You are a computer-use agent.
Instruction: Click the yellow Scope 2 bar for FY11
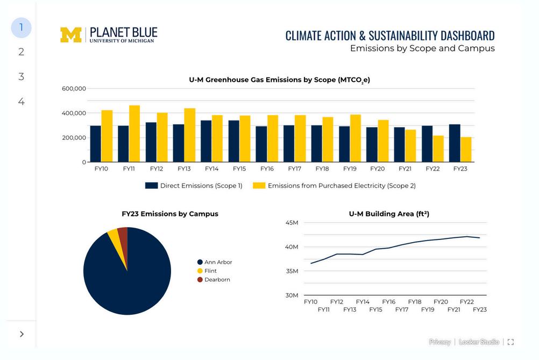134,134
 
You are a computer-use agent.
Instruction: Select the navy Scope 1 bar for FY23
455,143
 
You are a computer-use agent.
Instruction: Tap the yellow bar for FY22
438,149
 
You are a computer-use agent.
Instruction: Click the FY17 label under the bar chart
294,169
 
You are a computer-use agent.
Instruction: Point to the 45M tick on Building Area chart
292,223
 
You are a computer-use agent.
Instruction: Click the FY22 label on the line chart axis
467,302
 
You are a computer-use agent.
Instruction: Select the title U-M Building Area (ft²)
389,214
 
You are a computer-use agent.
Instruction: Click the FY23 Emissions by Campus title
170,214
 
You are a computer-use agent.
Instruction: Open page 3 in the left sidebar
21,76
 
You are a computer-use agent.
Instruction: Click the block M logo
70,34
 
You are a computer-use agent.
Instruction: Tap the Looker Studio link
479,342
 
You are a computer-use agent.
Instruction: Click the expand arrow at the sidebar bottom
22,334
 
